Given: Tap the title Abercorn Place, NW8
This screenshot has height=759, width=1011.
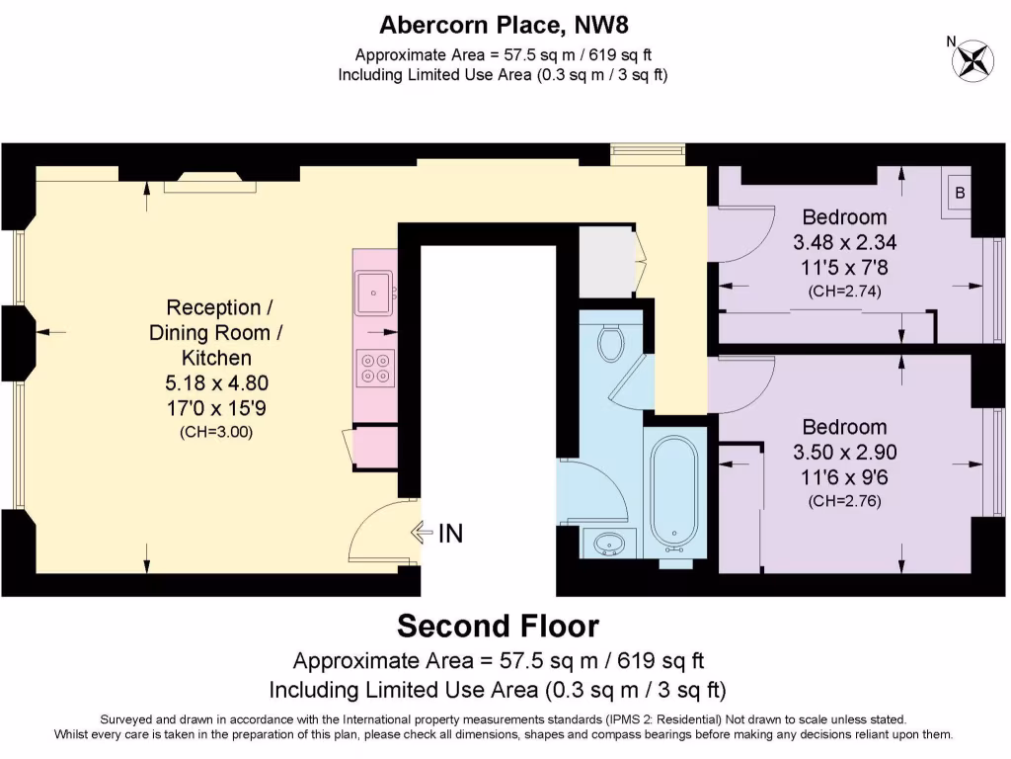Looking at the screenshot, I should coord(504,23).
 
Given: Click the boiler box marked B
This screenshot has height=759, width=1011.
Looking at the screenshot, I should coord(960,191).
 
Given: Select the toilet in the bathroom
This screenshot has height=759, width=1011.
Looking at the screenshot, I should coord(611,342).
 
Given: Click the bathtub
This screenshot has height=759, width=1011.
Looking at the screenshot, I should coord(675,493).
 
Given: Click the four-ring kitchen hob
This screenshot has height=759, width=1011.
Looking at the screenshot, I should coord(376,368).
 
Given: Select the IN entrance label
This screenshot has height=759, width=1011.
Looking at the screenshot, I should coord(450,534).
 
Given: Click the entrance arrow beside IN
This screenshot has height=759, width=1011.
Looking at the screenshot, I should coord(422,534).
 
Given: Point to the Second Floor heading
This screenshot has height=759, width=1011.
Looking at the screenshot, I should coord(498,627).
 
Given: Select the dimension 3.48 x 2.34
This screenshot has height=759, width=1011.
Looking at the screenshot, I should coord(844,242).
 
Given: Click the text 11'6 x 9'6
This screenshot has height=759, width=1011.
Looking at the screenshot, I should coord(844,477).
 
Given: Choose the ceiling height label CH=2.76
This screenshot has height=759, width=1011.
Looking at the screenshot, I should coord(844,501).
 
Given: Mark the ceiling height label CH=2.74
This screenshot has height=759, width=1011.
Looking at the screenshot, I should coord(844,291).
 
